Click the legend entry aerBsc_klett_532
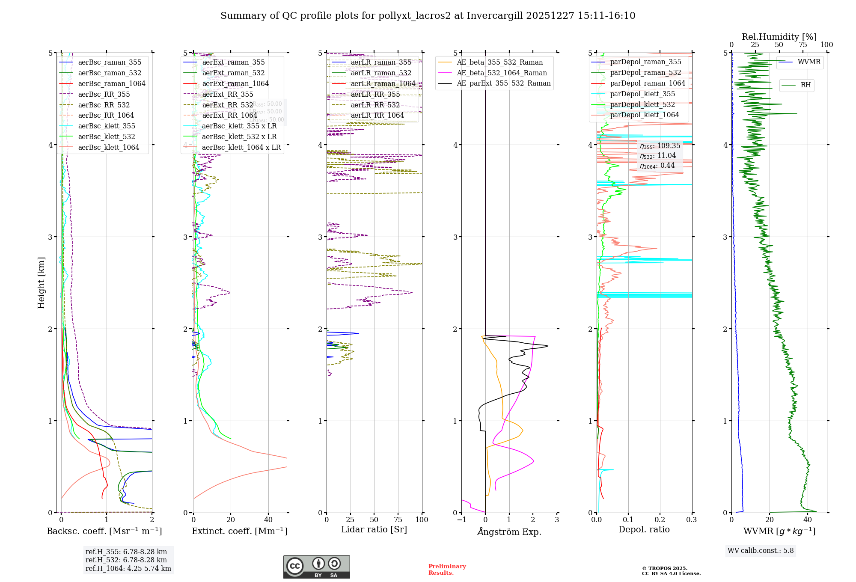point(106,137)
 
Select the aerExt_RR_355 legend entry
point(227,95)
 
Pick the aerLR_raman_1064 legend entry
point(383,84)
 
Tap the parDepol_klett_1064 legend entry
point(644,115)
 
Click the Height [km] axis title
point(41,283)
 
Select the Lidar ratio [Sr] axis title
point(374,529)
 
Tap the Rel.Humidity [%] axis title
point(779,37)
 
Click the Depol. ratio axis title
point(644,529)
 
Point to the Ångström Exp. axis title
point(509,532)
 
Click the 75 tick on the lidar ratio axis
point(398,520)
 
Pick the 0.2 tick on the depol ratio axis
point(660,520)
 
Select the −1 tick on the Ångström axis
point(461,520)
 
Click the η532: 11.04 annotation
point(658,156)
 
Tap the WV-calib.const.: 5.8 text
point(761,551)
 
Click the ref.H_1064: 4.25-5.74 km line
point(128,569)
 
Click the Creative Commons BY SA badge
point(316,567)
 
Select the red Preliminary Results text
point(447,570)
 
